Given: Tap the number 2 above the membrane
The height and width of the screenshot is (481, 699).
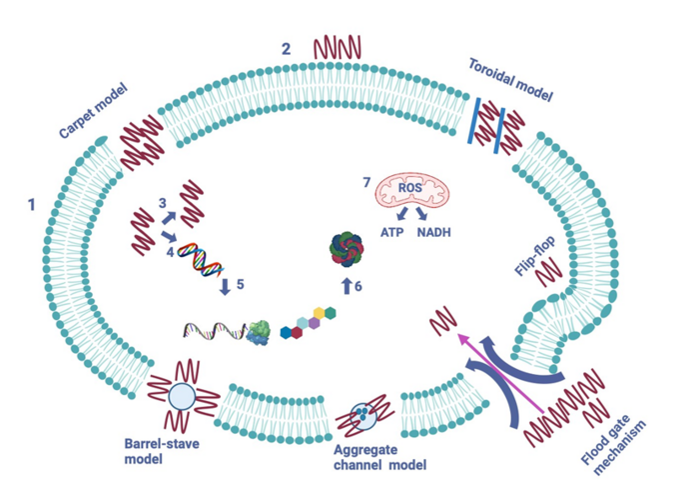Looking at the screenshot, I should [x=287, y=47].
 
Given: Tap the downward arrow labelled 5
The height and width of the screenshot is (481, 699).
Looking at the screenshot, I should [x=226, y=286].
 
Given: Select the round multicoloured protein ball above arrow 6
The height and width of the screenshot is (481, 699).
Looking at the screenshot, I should [x=349, y=246].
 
